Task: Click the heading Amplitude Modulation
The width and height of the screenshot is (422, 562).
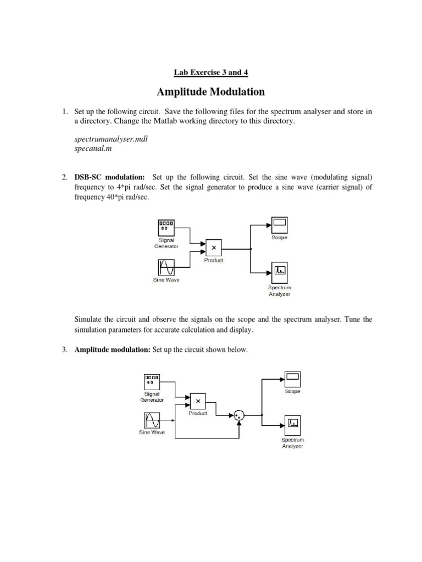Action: coord(211,92)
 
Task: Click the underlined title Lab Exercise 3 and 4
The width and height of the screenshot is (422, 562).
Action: coord(211,72)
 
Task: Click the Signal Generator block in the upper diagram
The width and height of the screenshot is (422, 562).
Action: coord(166,226)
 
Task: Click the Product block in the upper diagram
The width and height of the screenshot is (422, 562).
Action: coord(213,248)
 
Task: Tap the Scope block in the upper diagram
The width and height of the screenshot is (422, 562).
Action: coord(279,224)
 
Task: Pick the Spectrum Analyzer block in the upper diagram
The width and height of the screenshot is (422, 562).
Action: coord(279,270)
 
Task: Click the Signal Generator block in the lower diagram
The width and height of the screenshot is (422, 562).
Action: coord(152,380)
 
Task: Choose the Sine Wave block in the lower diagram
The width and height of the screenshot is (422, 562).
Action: coord(152,420)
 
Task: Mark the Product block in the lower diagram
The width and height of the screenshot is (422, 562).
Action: coord(198,401)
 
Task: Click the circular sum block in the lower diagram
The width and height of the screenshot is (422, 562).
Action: coord(239,415)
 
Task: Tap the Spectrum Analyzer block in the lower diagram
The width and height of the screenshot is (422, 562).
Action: coord(293,423)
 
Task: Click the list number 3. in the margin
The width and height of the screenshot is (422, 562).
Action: coord(64,350)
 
